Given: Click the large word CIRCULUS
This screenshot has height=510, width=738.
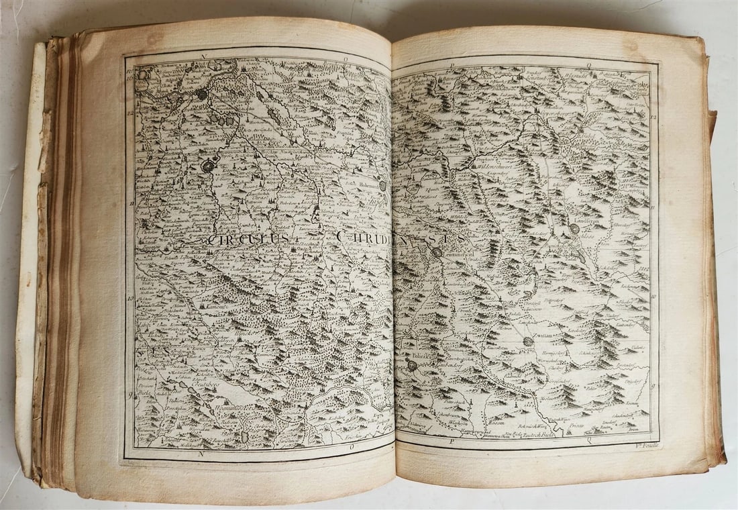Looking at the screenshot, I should (248, 239).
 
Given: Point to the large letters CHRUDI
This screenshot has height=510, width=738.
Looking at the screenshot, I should (363, 237).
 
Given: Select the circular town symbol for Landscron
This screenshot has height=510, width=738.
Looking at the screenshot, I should (575, 228).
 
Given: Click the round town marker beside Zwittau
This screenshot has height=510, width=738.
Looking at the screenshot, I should (529, 342).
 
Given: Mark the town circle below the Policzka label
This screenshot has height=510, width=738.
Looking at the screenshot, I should (412, 366).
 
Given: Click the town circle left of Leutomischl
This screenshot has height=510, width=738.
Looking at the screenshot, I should (437, 253).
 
